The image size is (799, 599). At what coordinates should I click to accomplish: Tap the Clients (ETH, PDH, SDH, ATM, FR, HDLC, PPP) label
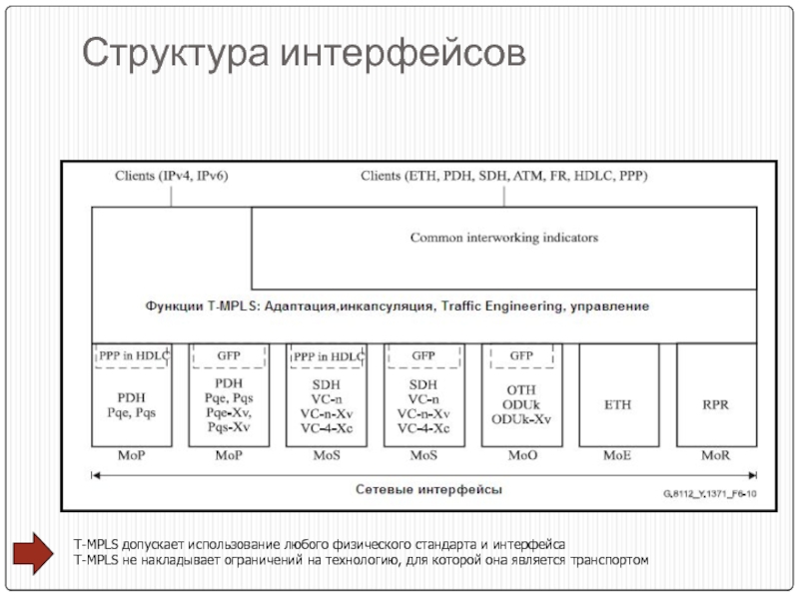coord(504,177)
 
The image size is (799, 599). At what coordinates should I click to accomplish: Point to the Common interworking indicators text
coord(504,238)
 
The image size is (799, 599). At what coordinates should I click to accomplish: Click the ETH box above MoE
coord(618,404)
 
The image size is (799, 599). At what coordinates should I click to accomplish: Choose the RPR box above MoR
coord(716,404)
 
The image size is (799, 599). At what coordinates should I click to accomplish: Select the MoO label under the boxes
coord(521,456)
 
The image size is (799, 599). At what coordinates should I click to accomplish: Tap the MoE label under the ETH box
coord(618,456)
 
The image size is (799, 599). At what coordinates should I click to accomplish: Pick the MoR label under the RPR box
coord(716,456)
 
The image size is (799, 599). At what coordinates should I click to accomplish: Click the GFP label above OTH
coord(521,355)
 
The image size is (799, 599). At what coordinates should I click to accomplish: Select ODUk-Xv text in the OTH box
coord(521,419)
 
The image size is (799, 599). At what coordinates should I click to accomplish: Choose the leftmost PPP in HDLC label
coord(133,355)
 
